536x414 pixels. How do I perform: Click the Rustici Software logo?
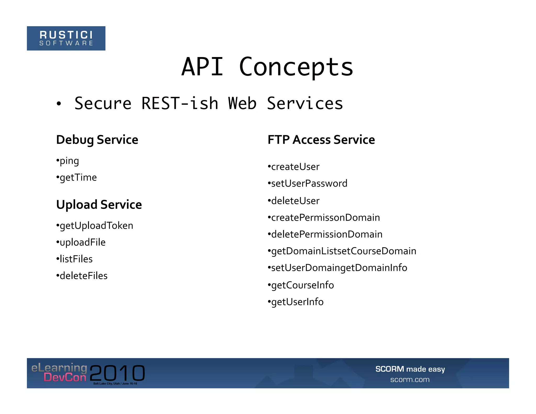pyautogui.click(x=66, y=38)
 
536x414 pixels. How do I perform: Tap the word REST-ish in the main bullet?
pyautogui.click(x=180, y=103)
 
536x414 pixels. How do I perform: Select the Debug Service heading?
pyautogui.click(x=97, y=140)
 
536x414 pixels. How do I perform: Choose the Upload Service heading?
pyautogui.click(x=99, y=204)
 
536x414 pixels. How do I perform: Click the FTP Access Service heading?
pyautogui.click(x=321, y=140)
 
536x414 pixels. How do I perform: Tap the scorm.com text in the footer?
pyautogui.click(x=410, y=379)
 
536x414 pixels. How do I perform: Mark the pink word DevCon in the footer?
pyautogui.click(x=65, y=377)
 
